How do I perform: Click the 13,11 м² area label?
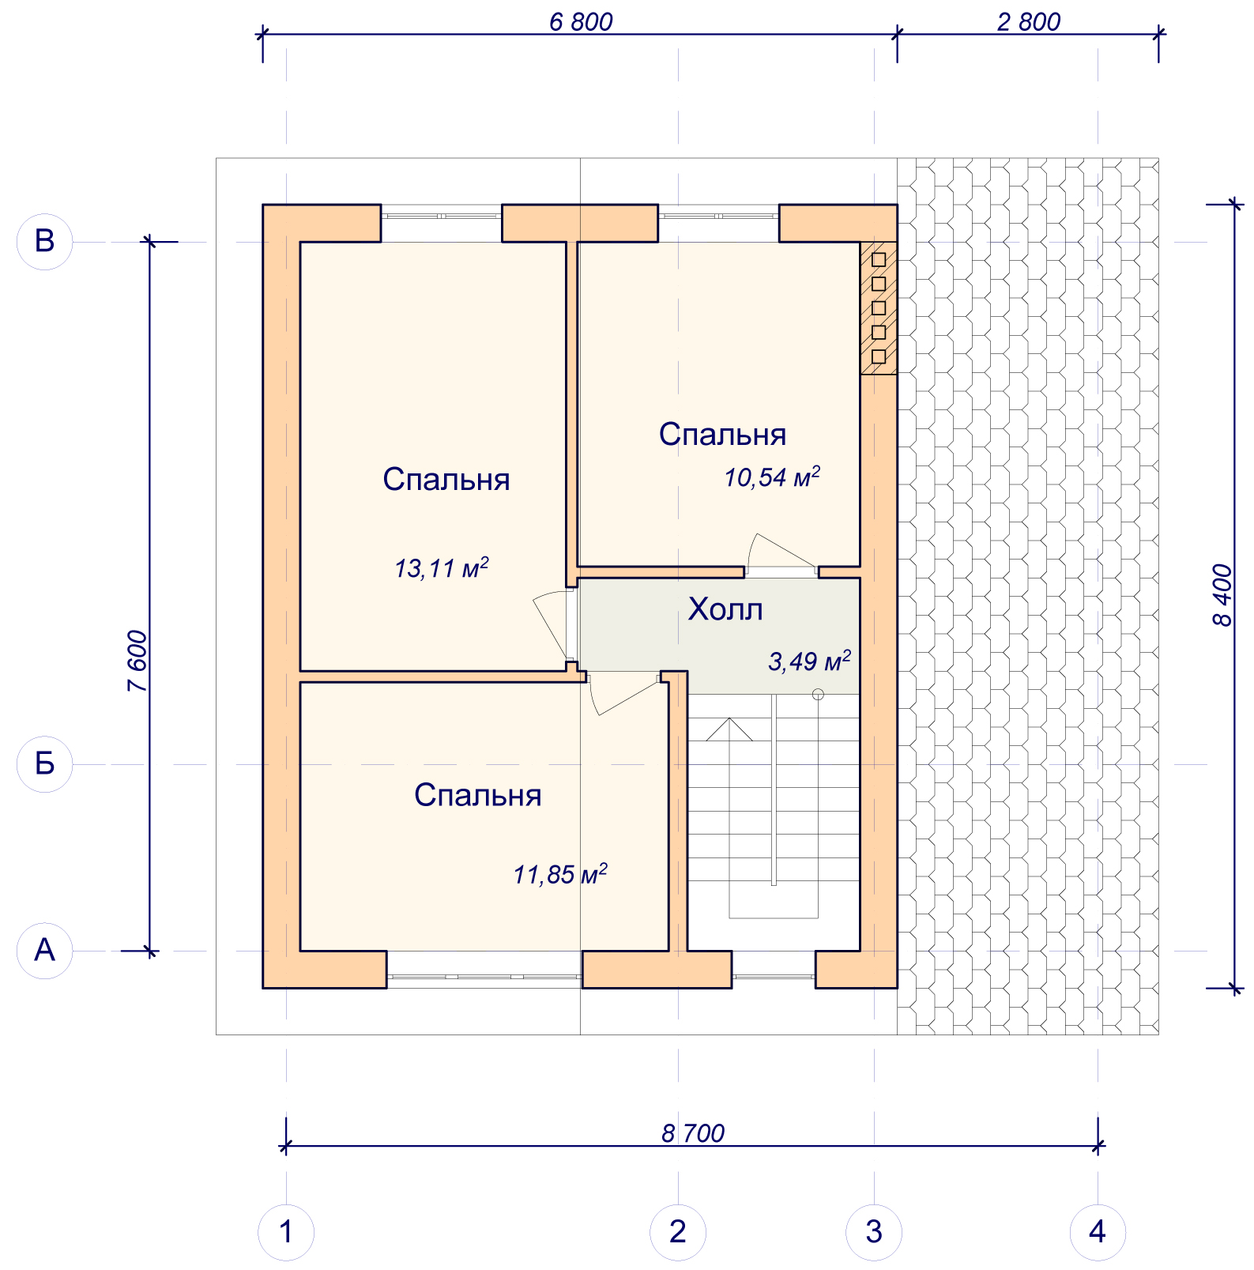(x=442, y=568)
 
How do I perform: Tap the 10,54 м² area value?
(x=772, y=477)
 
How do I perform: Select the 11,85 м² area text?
(x=560, y=874)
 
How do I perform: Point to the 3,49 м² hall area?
(x=809, y=661)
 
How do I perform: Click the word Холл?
(x=725, y=609)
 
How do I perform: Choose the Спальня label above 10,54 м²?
(x=722, y=435)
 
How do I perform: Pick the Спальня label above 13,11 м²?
(x=446, y=480)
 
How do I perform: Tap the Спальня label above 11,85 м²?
(x=478, y=795)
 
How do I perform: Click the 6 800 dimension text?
(x=581, y=22)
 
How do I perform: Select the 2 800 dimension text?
(x=1028, y=22)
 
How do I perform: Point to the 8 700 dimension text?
(x=693, y=1133)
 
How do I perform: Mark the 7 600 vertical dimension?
(x=137, y=661)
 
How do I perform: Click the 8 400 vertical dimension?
(x=1222, y=595)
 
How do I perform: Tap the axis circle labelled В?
(x=45, y=242)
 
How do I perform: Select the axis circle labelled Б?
(x=45, y=764)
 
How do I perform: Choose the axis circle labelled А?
(x=45, y=951)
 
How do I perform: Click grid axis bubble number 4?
(x=1098, y=1232)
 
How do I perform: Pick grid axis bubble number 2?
(x=678, y=1232)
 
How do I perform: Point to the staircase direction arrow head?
(x=729, y=729)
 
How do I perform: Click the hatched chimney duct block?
(x=879, y=307)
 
